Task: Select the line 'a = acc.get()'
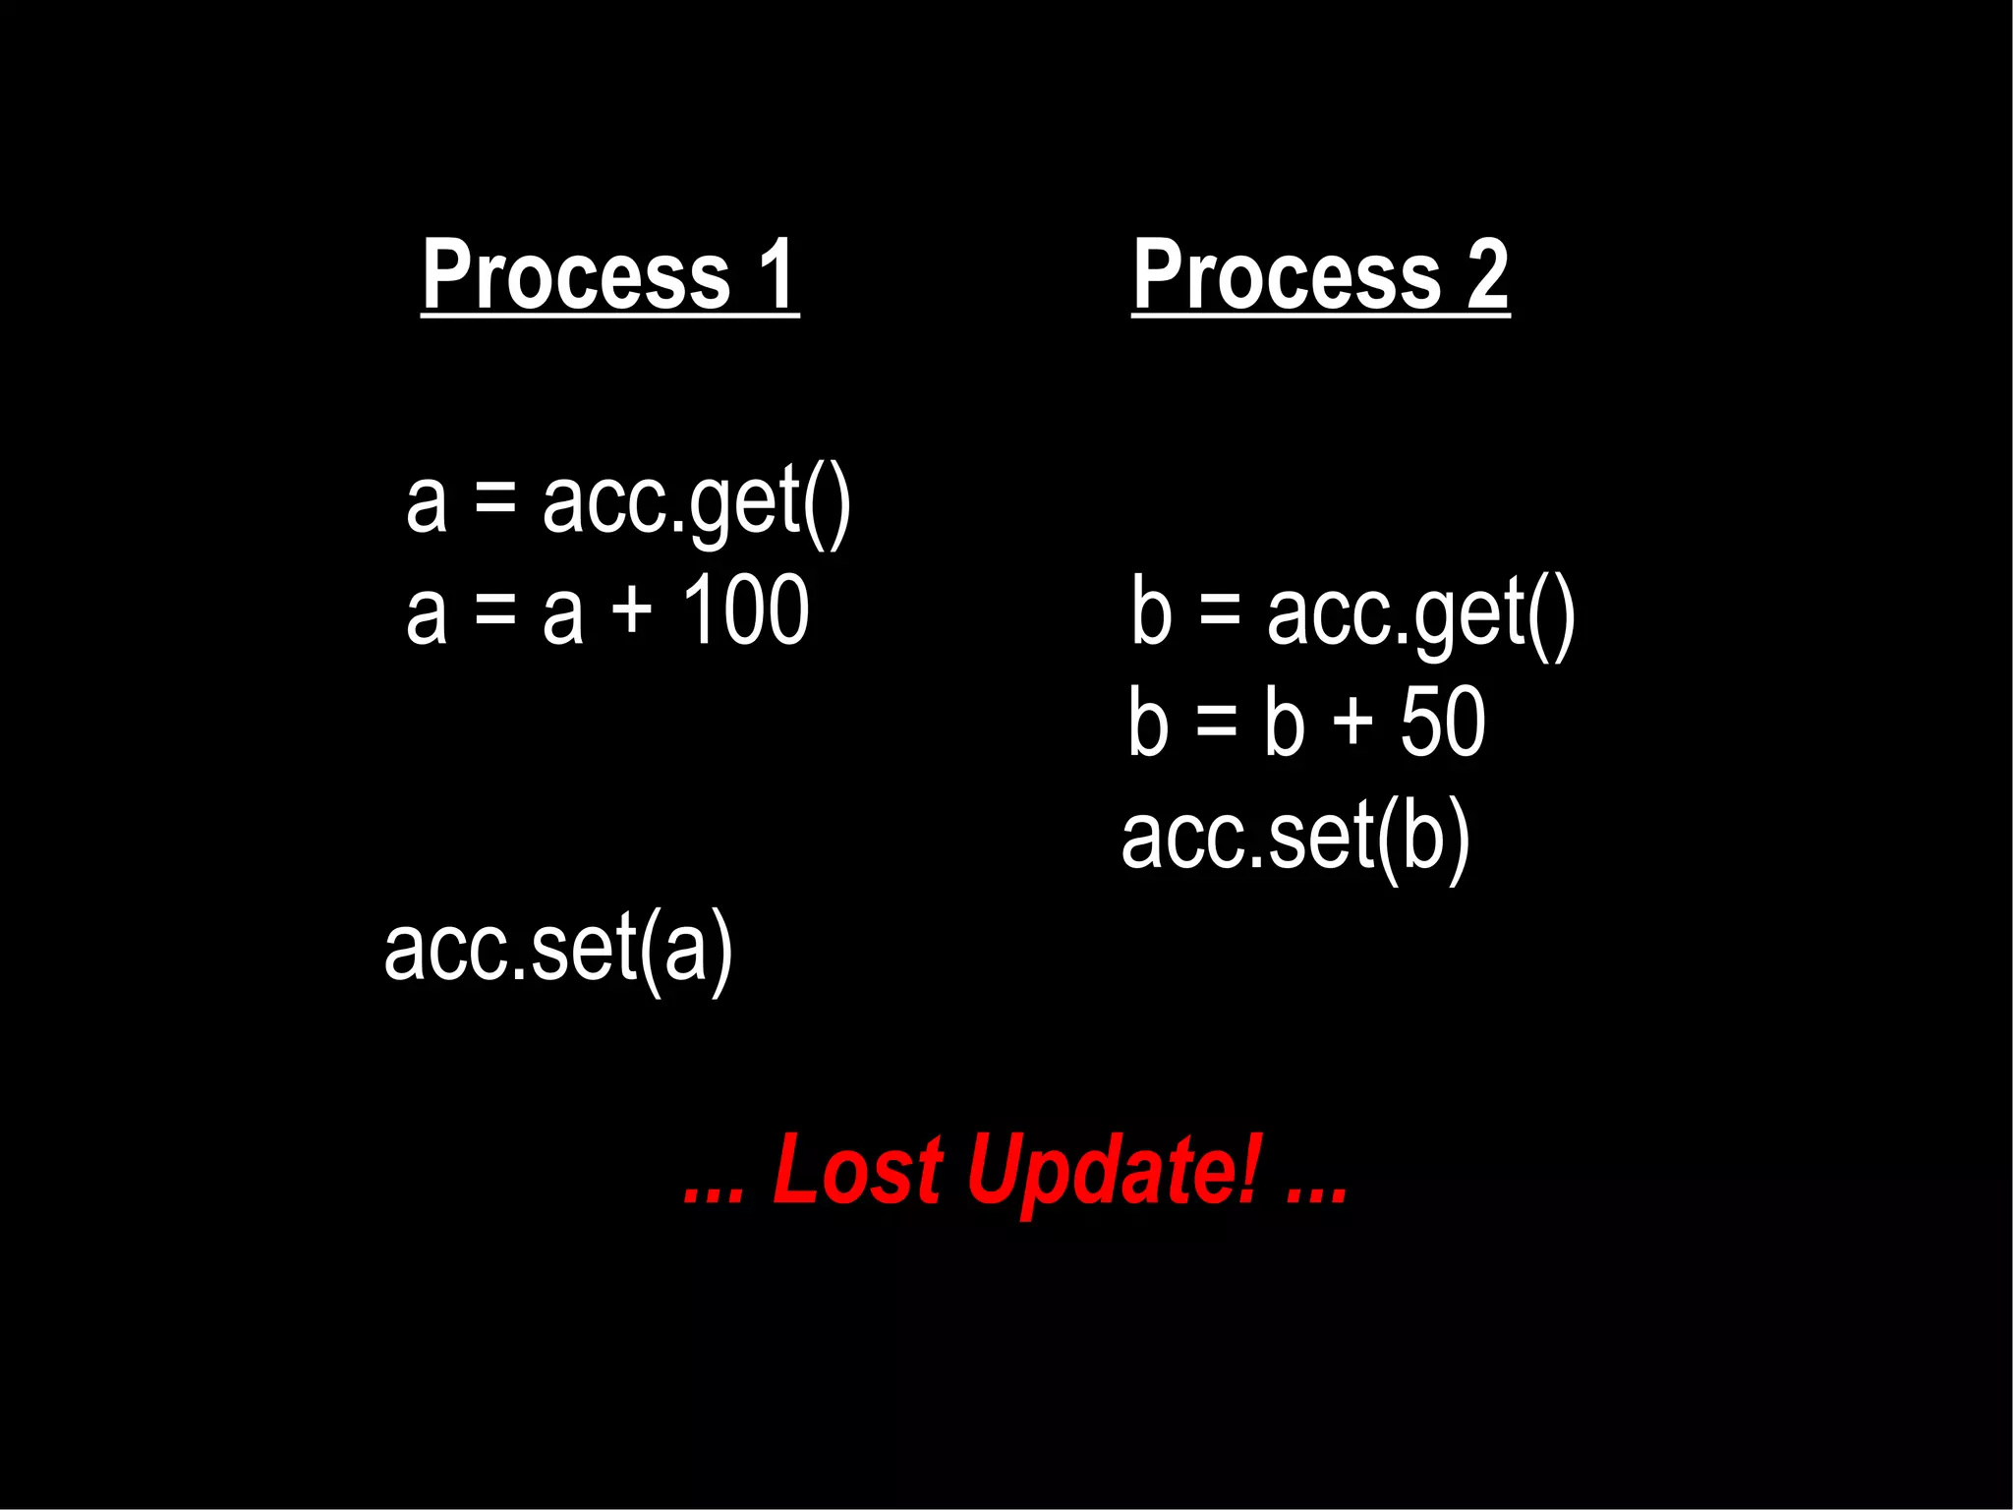[628, 503]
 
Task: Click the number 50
[1442, 723]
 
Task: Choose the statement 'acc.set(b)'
[1295, 838]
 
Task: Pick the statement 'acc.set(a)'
[558, 949]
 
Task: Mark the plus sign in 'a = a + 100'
[632, 611]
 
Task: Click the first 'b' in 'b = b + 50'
[1149, 723]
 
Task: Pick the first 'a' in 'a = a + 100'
[427, 614]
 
